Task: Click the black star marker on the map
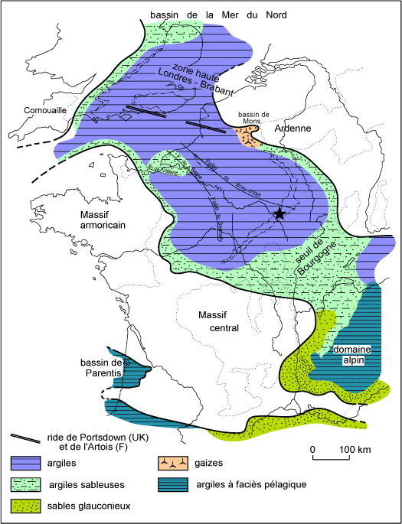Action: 279,215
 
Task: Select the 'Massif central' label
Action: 218,321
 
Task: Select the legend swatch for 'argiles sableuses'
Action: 28,484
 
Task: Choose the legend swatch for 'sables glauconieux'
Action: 28,506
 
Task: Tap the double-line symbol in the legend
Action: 27,438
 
